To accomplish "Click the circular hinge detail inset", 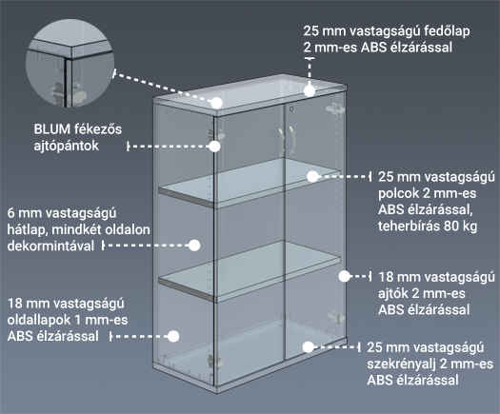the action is point(70,63).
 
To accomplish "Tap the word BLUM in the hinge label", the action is point(52,129).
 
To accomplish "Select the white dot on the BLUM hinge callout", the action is point(214,147).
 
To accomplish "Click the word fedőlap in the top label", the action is point(447,31).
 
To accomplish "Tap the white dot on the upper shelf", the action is point(312,177).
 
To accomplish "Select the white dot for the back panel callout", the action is point(194,246).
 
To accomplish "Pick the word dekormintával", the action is point(50,246).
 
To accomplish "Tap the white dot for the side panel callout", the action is point(173,336).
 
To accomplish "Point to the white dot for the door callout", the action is point(344,276).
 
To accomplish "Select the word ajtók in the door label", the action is point(392,293).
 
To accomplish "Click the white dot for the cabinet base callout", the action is point(308,347).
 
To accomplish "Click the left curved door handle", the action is point(281,142).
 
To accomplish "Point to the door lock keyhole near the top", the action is point(290,109).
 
